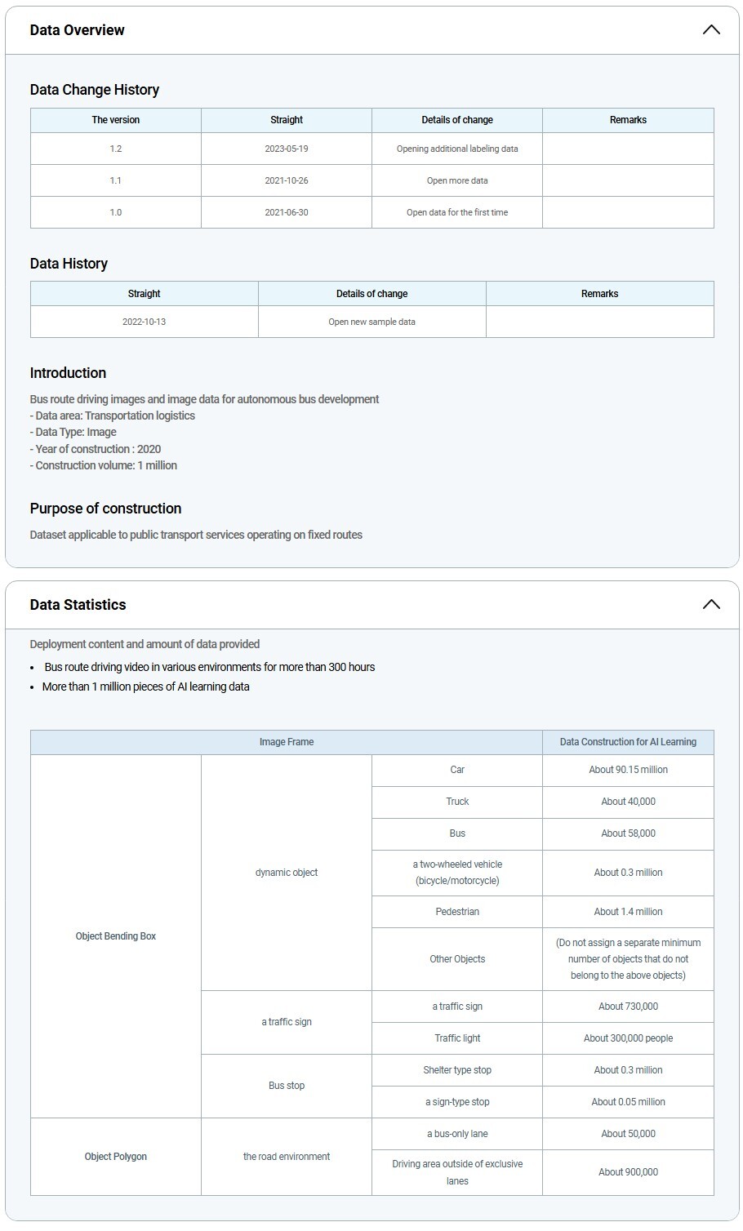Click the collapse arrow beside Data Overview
711,30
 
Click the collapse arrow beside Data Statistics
711,605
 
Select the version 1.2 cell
116,149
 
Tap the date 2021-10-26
287,180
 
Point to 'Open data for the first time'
457,212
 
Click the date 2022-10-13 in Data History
144,322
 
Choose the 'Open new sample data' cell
371,322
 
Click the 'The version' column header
116,120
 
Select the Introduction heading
68,373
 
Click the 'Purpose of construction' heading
105,509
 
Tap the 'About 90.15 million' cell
628,770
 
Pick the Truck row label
457,802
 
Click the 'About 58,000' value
628,833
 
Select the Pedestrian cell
457,912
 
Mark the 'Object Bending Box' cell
116,936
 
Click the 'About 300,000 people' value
628,1038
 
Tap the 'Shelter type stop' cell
457,1070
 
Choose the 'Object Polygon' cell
116,1157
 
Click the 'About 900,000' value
628,1172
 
